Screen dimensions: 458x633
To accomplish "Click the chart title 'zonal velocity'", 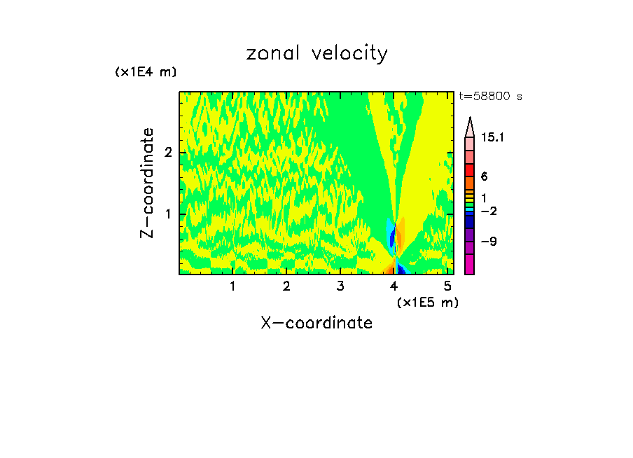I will click(316, 53).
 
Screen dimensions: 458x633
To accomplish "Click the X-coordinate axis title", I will click(316, 323).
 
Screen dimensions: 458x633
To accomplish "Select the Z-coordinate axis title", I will click(147, 183).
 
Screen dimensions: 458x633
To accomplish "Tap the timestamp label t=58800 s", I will click(490, 97).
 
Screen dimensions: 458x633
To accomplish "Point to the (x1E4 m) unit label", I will click(146, 72).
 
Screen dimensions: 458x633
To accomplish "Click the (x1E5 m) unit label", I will click(427, 302).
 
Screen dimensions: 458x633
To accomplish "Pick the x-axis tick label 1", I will click(232, 286).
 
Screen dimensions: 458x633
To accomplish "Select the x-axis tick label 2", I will click(286, 286).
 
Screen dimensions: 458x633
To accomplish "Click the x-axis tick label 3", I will click(340, 286).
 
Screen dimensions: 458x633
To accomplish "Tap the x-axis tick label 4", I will click(394, 286).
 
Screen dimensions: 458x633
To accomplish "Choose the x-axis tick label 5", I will click(447, 286).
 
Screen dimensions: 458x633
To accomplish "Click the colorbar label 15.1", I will click(493, 138).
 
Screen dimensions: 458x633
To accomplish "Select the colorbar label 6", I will click(484, 177).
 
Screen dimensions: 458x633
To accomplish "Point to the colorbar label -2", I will click(489, 211).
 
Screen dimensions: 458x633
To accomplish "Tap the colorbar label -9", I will click(489, 242).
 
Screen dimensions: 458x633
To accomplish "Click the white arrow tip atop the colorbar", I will click(470, 126).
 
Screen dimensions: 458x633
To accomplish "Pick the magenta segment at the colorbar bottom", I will click(470, 265).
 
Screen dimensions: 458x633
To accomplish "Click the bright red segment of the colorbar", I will click(470, 170).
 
